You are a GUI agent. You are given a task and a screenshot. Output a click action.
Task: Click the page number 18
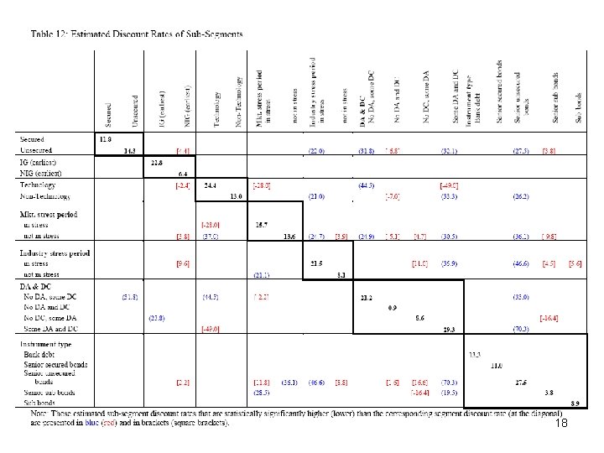coord(562,425)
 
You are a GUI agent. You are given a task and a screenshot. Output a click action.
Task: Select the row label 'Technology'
coord(39,185)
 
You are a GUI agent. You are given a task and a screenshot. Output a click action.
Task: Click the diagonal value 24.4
coord(210,185)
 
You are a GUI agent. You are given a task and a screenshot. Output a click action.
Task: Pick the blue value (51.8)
coord(130,296)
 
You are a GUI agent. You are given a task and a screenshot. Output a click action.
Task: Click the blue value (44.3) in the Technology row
coord(366,185)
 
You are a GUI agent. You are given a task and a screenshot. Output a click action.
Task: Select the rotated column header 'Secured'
coord(107,110)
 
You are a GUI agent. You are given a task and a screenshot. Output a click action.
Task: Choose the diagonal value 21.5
coord(317,263)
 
